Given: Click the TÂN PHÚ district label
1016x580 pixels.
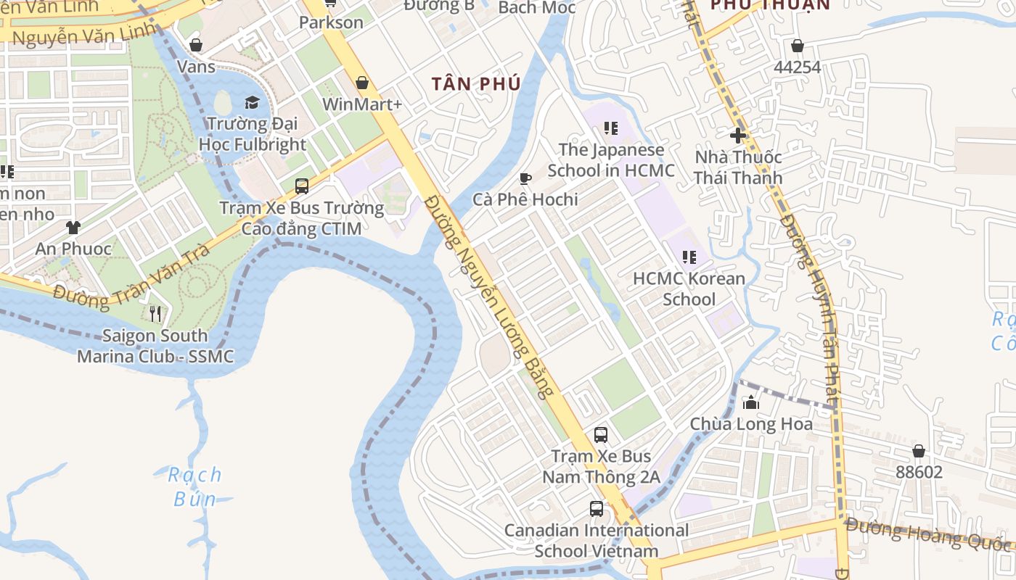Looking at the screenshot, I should click(x=476, y=84).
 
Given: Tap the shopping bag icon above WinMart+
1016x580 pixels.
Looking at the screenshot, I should click(x=362, y=83).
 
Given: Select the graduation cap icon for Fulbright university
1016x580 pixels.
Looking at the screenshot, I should click(x=252, y=102).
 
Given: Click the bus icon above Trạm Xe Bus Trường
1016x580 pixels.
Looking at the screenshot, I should click(x=302, y=186).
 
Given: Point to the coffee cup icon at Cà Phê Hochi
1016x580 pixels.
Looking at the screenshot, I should click(x=525, y=178).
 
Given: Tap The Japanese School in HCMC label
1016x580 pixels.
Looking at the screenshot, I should click(x=611, y=160).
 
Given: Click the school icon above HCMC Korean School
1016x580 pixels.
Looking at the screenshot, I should click(x=689, y=257).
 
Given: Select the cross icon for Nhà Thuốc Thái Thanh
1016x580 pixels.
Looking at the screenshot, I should click(x=738, y=135).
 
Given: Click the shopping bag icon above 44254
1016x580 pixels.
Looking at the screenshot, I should click(x=798, y=46).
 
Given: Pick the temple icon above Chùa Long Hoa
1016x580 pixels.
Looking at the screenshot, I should click(x=751, y=402).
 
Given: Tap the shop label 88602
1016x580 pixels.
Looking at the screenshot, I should click(x=919, y=472).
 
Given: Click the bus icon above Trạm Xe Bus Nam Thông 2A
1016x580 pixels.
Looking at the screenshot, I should click(x=601, y=435).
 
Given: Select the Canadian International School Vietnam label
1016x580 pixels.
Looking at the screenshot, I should click(x=597, y=540).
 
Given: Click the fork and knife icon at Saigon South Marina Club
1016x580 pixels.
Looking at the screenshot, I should click(x=155, y=314).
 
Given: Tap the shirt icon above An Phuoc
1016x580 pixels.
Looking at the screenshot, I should click(x=73, y=227).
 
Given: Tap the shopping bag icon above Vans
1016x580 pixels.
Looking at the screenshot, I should click(x=196, y=45).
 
